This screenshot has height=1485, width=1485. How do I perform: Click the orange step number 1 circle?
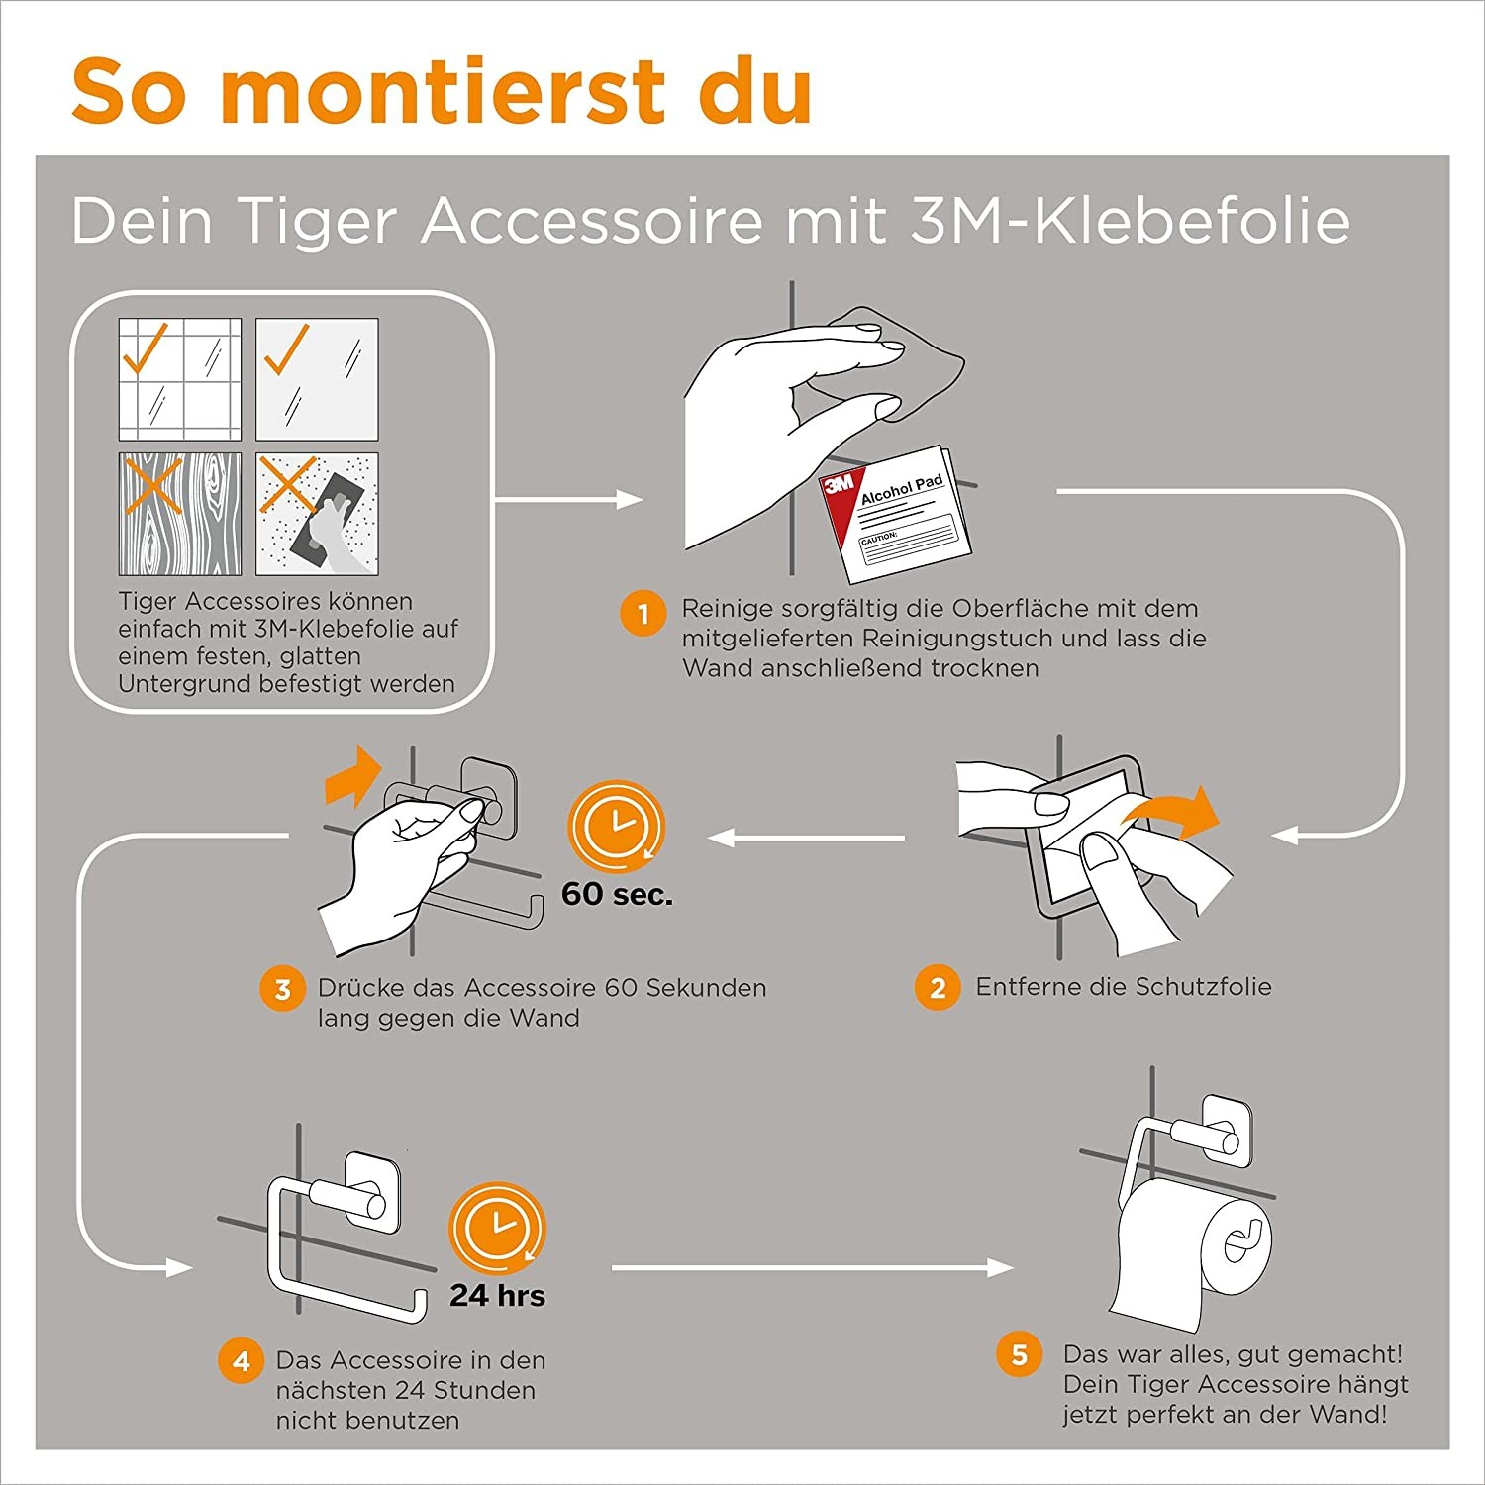click(643, 614)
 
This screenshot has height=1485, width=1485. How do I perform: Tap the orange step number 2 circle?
click(937, 987)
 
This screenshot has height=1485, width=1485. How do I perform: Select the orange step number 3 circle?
click(282, 989)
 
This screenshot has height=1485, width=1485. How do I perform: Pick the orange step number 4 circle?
click(241, 1361)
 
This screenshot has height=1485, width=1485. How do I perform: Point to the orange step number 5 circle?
click(1019, 1354)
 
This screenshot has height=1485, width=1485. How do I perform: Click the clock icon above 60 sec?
click(616, 827)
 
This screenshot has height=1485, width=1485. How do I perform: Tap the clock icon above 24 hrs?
click(497, 1228)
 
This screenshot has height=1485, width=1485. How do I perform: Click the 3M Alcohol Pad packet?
click(897, 512)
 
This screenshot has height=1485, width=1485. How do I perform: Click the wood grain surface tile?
click(179, 514)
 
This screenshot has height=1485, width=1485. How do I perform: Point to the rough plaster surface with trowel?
click(317, 514)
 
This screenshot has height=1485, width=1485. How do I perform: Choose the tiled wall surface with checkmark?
click(179, 378)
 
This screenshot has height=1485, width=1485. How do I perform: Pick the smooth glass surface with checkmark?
click(317, 378)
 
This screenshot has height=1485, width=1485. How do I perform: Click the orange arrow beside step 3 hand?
click(353, 776)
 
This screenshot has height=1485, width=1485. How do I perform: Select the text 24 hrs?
click(497, 1295)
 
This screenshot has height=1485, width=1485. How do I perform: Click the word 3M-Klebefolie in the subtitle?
click(1130, 220)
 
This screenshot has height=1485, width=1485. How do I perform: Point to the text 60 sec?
click(617, 894)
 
